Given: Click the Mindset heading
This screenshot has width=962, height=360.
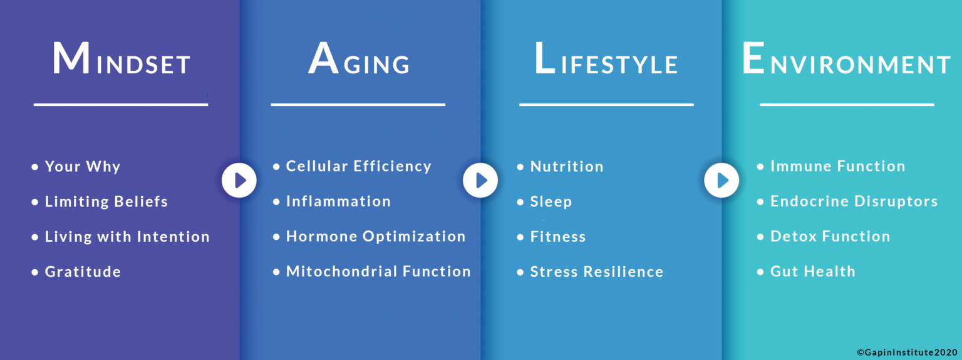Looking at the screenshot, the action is pyautogui.click(x=121, y=58).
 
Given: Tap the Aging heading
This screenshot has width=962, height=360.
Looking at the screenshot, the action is pyautogui.click(x=359, y=58).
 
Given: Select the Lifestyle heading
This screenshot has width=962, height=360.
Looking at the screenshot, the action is pyautogui.click(x=606, y=58).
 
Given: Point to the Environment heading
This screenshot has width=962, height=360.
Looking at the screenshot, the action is pyautogui.click(x=847, y=58).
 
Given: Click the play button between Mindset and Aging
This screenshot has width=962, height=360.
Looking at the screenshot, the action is pyautogui.click(x=239, y=180).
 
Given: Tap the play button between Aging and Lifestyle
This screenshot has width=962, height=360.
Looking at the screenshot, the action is pyautogui.click(x=480, y=180).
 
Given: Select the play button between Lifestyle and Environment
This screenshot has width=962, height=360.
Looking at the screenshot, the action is pyautogui.click(x=721, y=180).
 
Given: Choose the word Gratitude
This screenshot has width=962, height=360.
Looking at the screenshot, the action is pyautogui.click(x=83, y=272).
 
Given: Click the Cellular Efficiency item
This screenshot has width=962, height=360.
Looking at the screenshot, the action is pyautogui.click(x=359, y=167).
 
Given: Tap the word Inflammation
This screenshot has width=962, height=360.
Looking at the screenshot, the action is pyautogui.click(x=338, y=201).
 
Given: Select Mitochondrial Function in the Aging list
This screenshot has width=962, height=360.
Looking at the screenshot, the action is pyautogui.click(x=378, y=271).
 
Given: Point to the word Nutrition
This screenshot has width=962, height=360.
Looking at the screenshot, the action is pyautogui.click(x=567, y=167).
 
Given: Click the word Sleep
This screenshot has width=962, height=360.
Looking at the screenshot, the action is pyautogui.click(x=551, y=202).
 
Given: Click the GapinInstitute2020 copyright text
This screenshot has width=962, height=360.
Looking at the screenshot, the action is pyautogui.click(x=908, y=352).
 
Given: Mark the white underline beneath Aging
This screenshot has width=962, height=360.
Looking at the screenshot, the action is pyautogui.click(x=358, y=105).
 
